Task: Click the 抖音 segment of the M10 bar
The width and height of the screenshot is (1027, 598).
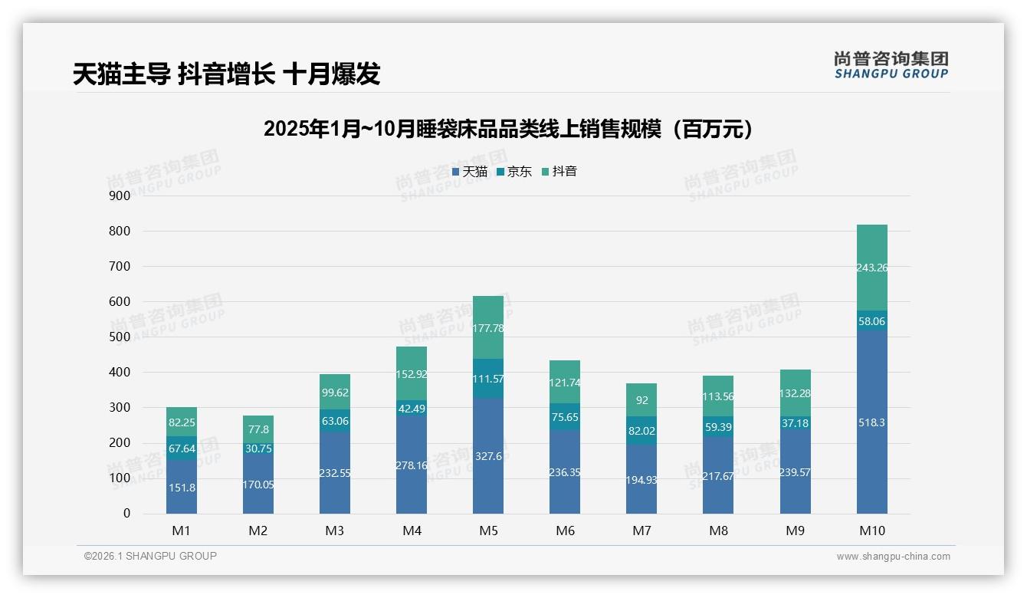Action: pos(871,268)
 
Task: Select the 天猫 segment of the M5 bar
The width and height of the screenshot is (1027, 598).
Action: pos(488,455)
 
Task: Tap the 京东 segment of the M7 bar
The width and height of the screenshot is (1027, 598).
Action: pos(641,431)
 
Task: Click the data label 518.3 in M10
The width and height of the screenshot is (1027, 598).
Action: pos(871,422)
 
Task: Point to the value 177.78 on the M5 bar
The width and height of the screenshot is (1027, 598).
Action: pos(488,328)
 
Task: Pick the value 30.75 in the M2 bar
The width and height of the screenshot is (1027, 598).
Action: pos(258,449)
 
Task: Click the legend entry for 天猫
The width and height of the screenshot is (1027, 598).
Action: pos(469,172)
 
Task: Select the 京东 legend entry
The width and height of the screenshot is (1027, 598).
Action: pos(514,172)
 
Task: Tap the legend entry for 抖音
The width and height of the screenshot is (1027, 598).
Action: pos(559,172)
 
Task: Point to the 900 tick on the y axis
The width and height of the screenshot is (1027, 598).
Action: pos(120,195)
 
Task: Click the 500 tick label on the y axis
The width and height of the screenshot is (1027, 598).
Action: pos(120,337)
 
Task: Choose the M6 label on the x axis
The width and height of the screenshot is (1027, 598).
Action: pos(565,531)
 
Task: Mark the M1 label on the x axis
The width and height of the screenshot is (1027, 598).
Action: pos(182,531)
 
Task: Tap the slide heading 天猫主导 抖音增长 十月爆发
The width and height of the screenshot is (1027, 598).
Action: pos(227,74)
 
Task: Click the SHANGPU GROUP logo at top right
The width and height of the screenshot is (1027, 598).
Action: pos(891,65)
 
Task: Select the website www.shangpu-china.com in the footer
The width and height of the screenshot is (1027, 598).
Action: pos(893,557)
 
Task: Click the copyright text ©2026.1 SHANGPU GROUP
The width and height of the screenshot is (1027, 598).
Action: pos(150,556)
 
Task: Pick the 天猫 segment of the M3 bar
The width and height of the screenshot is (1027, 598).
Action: pos(335,473)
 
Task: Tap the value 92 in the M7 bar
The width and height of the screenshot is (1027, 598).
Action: pos(641,399)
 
